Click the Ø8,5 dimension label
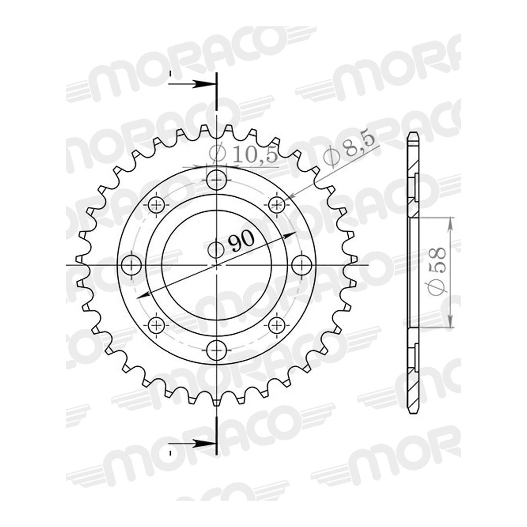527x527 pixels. (349, 152)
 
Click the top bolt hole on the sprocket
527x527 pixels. (217, 180)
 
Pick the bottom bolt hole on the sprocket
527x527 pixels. (217, 350)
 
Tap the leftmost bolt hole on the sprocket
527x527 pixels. (132, 265)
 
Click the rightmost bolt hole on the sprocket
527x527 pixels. (302, 265)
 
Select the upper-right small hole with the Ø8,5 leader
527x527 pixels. (277, 205)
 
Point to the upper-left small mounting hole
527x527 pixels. (156, 205)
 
